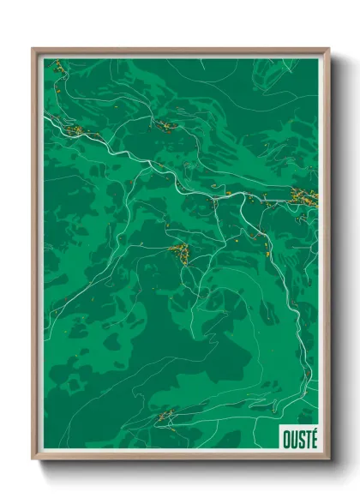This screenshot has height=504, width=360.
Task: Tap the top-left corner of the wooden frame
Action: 33,50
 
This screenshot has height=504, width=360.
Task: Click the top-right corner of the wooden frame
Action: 327,50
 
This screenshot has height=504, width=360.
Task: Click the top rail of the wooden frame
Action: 180,50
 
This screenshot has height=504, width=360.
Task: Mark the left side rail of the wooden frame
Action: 34,257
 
